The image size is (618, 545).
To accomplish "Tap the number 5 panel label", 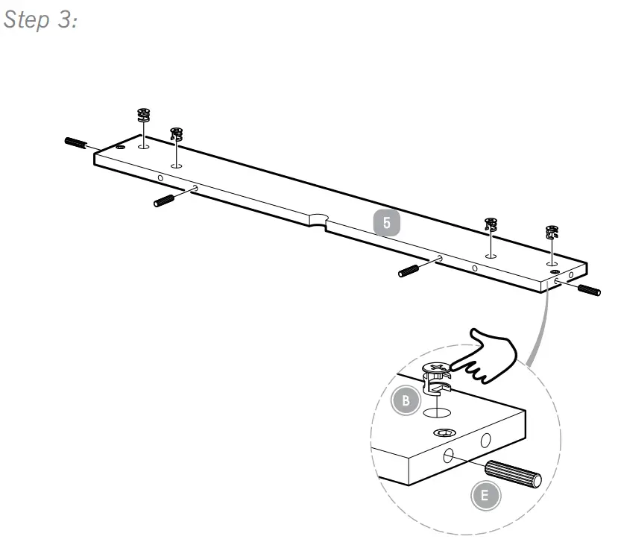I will click(x=387, y=222).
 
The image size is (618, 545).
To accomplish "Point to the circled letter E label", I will click(x=485, y=495).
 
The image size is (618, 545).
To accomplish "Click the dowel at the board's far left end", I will click(x=77, y=143).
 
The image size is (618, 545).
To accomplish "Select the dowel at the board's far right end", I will click(x=589, y=289).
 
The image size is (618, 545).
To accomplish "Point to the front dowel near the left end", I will click(x=164, y=200).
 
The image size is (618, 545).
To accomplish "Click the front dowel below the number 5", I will click(x=412, y=270).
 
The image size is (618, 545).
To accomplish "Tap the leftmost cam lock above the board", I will click(x=144, y=116).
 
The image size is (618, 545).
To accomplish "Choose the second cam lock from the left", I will click(x=177, y=134).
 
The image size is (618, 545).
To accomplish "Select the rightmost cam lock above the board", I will click(x=552, y=231).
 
